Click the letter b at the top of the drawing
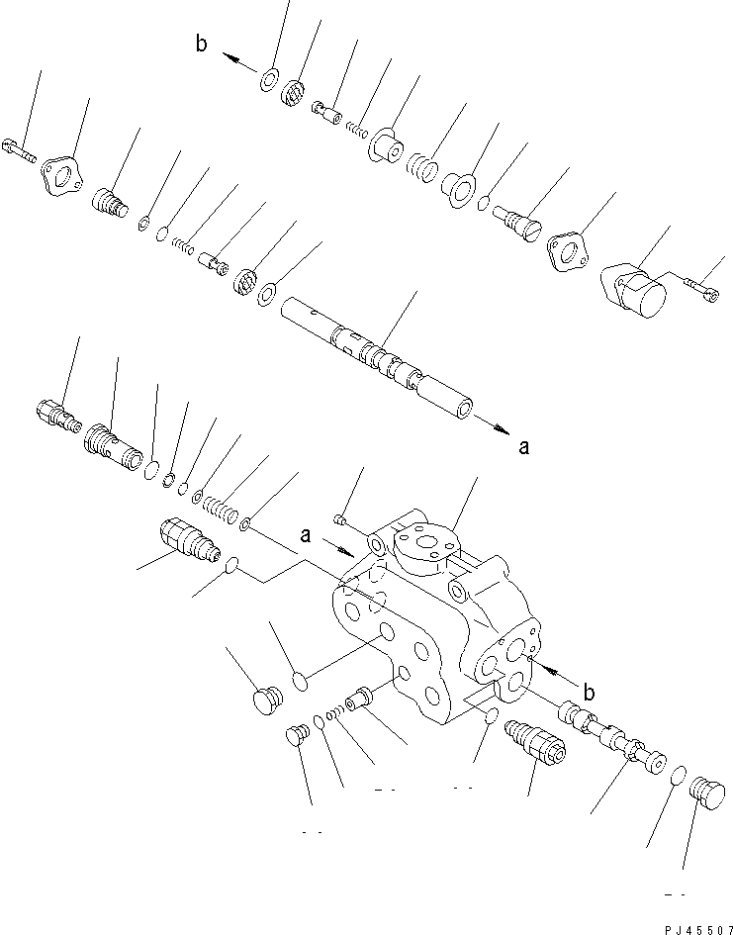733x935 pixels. pos(202,46)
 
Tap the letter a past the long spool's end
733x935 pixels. pos(523,447)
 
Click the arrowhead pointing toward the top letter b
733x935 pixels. pos(229,58)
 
